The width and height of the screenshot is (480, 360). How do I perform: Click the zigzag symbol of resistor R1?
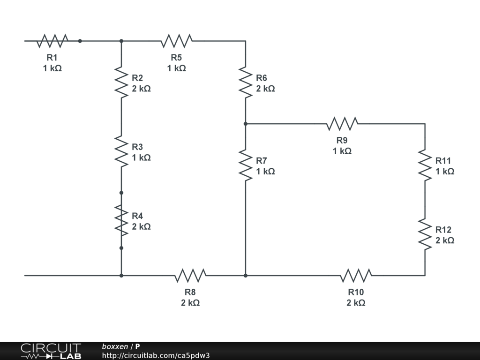point(52,41)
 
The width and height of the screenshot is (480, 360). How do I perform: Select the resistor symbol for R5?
point(176,41)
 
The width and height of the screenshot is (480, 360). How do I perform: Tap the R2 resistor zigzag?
point(121,82)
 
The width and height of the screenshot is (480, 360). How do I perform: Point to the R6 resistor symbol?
point(245,82)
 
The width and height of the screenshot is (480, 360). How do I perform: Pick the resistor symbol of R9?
point(342,124)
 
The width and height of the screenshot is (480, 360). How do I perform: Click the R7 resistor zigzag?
point(245,165)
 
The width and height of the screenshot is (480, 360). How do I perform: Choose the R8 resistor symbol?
point(190,276)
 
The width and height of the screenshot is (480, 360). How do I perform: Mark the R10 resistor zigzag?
point(356,276)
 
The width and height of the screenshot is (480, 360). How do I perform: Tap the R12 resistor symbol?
point(425,234)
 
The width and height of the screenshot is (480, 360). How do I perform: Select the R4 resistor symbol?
point(121,220)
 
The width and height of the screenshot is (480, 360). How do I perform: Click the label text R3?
point(137,147)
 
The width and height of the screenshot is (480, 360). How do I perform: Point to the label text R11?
point(443,161)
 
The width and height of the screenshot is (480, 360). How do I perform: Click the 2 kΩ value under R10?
point(356,303)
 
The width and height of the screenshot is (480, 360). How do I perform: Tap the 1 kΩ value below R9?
point(342,151)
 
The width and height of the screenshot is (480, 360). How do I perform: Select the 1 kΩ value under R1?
point(52,68)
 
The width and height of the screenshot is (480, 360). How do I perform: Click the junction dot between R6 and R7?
point(245,124)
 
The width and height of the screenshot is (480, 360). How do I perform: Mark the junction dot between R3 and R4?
point(121,193)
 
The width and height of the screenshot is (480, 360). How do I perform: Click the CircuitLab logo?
point(51,351)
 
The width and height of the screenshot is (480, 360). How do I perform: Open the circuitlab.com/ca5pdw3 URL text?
point(156,355)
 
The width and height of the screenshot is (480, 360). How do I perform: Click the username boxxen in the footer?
point(115,346)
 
